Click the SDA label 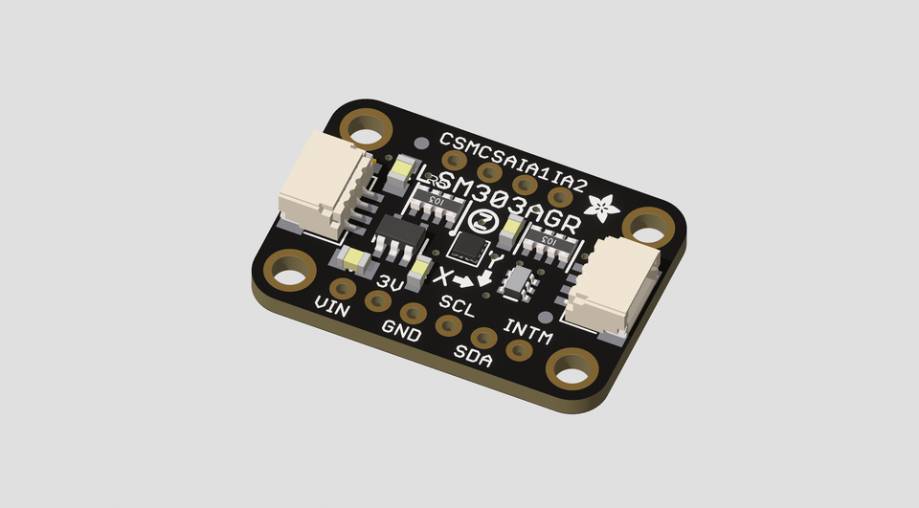click(x=473, y=357)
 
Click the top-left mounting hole click(x=368, y=125)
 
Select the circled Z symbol click(x=485, y=221)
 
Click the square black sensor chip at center click(x=468, y=246)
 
